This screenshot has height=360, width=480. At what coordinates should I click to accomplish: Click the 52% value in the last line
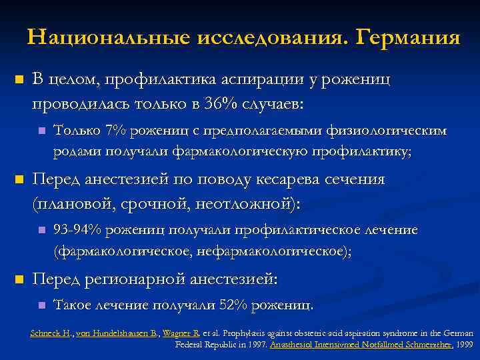click(x=230, y=305)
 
